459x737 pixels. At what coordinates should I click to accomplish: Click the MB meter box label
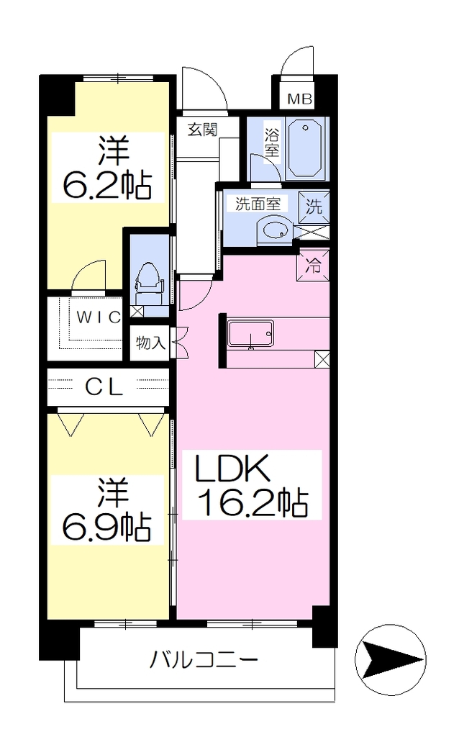pyautogui.click(x=299, y=99)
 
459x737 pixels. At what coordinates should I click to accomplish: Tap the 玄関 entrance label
pyautogui.click(x=202, y=129)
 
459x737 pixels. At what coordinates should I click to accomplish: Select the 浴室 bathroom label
pyautogui.click(x=272, y=143)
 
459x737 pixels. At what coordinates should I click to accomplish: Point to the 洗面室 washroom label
pyautogui.click(x=258, y=204)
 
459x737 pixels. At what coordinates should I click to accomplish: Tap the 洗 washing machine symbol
pyautogui.click(x=314, y=206)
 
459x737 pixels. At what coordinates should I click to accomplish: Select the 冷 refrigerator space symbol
pyautogui.click(x=313, y=266)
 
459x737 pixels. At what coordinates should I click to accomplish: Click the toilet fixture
pyautogui.click(x=148, y=282)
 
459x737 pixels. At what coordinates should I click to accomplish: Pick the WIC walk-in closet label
pyautogui.click(x=99, y=317)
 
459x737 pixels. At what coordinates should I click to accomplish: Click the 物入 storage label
pyautogui.click(x=150, y=343)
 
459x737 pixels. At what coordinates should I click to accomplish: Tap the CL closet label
pyautogui.click(x=104, y=386)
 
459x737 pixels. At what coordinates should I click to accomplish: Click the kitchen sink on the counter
pyautogui.click(x=250, y=334)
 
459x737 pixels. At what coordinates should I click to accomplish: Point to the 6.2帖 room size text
pyautogui.click(x=108, y=185)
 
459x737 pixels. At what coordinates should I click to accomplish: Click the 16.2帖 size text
pyautogui.click(x=254, y=503)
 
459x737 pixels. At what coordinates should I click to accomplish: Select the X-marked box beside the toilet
pyautogui.click(x=137, y=310)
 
